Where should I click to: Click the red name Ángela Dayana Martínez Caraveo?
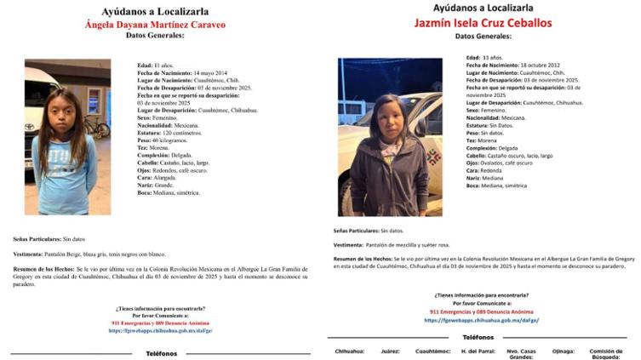click(x=155, y=26)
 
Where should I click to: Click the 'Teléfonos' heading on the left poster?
click(x=161, y=352)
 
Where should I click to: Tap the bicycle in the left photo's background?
click(x=97, y=129)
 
